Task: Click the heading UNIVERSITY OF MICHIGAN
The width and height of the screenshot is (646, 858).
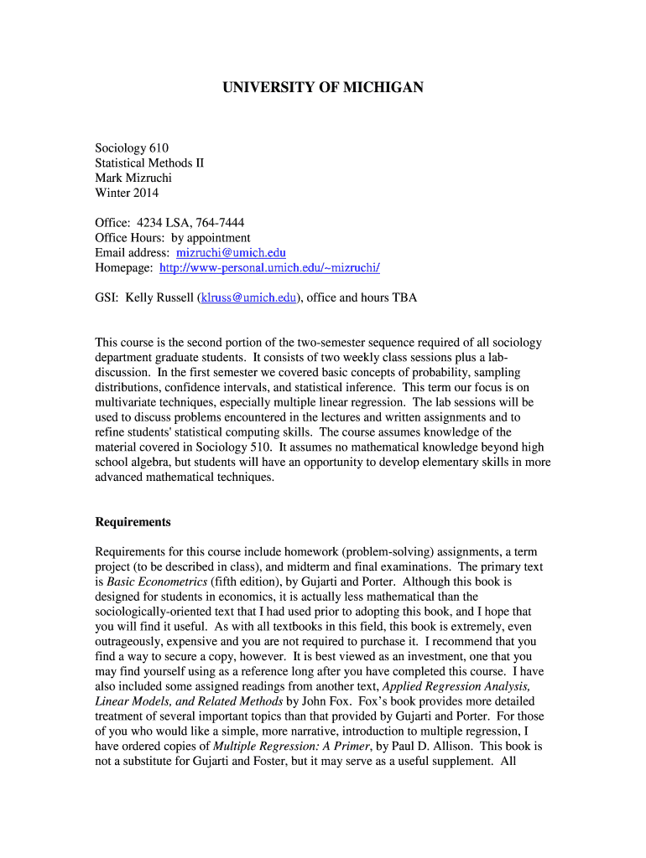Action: (323, 87)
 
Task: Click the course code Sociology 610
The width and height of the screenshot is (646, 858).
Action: (132, 147)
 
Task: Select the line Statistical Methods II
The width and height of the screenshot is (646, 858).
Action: (149, 163)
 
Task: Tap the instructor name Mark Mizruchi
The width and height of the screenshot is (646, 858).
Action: (133, 178)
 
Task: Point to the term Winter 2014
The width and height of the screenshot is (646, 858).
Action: (127, 193)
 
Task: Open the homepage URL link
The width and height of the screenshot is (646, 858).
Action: (269, 267)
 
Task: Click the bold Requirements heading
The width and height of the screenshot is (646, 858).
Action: (133, 522)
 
